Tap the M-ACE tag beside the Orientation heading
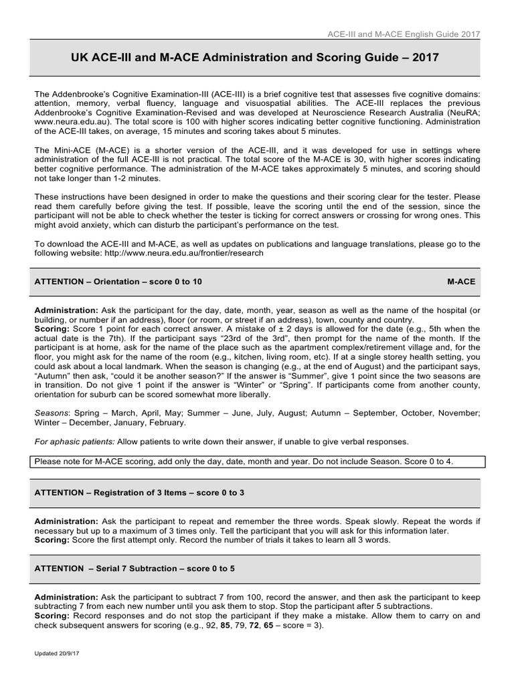click(461, 282)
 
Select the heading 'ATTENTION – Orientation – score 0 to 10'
click(118, 282)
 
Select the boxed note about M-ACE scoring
click(256, 462)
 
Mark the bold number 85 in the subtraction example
click(217, 626)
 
